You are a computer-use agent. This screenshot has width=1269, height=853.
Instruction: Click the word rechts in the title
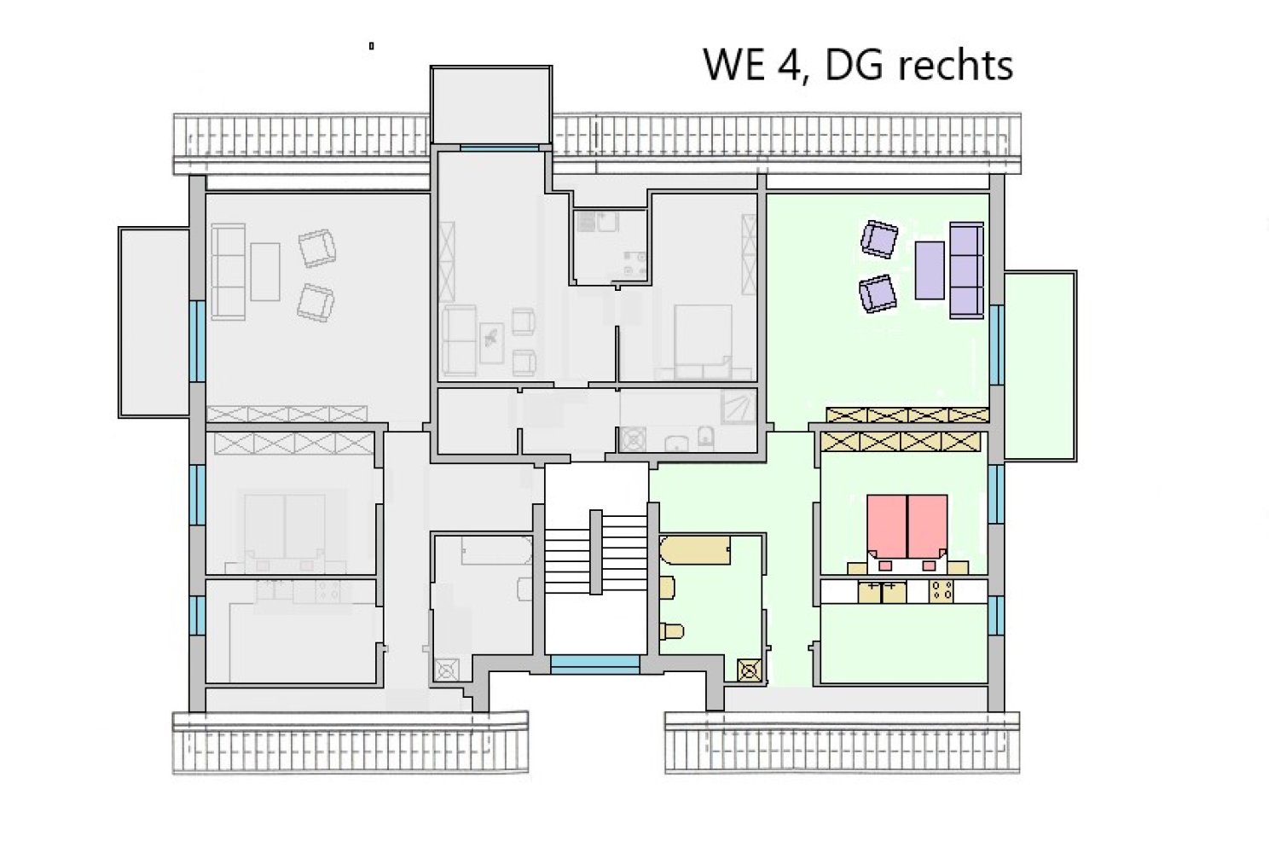pos(956,65)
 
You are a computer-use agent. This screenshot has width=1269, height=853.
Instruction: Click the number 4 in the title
pos(789,65)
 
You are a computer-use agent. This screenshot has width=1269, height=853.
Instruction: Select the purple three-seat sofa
pos(966,270)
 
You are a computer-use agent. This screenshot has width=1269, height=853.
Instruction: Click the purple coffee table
pos(930,270)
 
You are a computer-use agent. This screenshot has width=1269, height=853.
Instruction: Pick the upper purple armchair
pos(879,239)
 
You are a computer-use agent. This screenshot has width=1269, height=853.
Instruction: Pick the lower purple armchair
pos(878,293)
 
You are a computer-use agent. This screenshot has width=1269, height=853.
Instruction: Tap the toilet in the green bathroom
pos(672,631)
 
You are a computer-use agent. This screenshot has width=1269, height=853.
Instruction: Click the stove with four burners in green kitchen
pos(942,590)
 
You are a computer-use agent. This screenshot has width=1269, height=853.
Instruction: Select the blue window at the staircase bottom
pos(595,664)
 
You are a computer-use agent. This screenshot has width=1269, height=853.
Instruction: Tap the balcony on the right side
pos(1040,366)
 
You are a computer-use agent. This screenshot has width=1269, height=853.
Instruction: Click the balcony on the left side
pos(154,322)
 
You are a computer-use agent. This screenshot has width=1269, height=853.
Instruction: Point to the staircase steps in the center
pos(595,553)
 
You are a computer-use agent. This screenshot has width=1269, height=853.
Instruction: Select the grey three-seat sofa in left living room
pos(229,272)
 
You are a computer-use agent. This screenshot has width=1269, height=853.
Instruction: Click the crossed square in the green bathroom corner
pos(750,671)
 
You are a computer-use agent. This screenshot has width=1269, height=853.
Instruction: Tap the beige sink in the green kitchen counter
pos(882,591)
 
